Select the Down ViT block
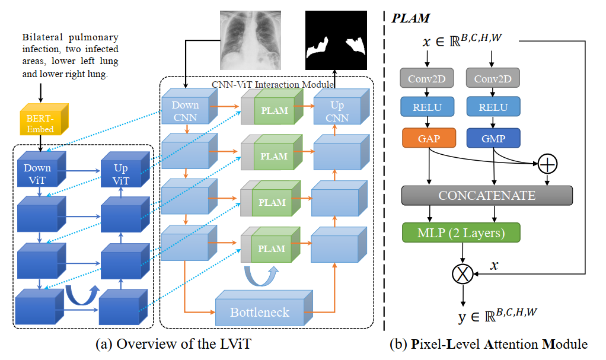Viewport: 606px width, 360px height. (x=38, y=173)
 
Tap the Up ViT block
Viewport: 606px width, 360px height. (x=120, y=173)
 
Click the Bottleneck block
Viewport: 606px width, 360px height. (x=260, y=311)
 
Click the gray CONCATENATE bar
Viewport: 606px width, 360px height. (x=487, y=195)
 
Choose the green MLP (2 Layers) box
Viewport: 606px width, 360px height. (x=461, y=232)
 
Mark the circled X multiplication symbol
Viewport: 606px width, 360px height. (x=461, y=274)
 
